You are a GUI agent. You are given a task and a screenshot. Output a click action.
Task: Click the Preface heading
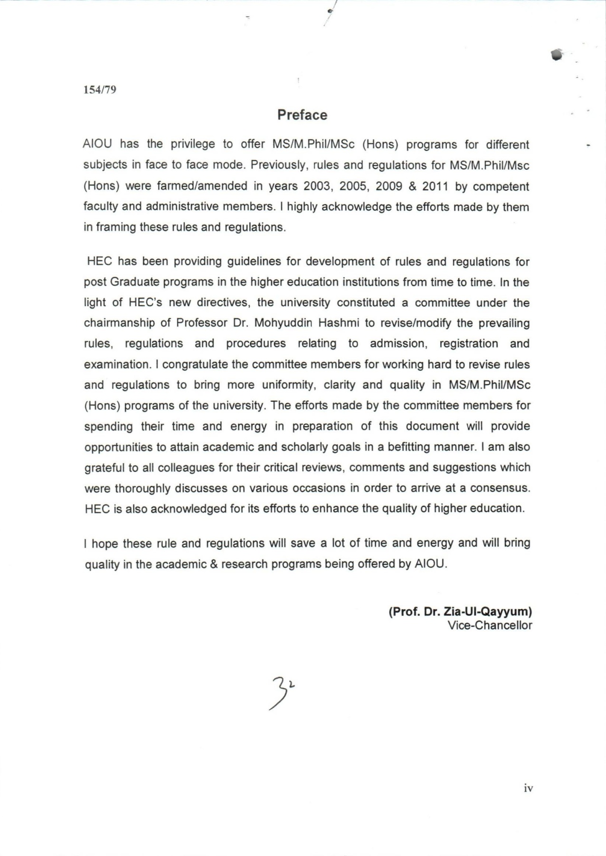pos(302,115)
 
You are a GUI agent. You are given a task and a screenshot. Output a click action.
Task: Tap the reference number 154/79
pos(100,89)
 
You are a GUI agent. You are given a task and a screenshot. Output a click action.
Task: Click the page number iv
pos(528,788)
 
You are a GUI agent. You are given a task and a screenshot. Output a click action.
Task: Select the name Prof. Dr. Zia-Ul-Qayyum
pos(460,612)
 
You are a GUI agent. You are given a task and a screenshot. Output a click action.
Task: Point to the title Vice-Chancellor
pos(490,625)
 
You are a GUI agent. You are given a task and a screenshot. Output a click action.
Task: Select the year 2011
pos(435,186)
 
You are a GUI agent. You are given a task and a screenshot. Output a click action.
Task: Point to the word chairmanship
pos(119,323)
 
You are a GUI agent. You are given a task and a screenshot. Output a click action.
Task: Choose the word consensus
pos(500,488)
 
